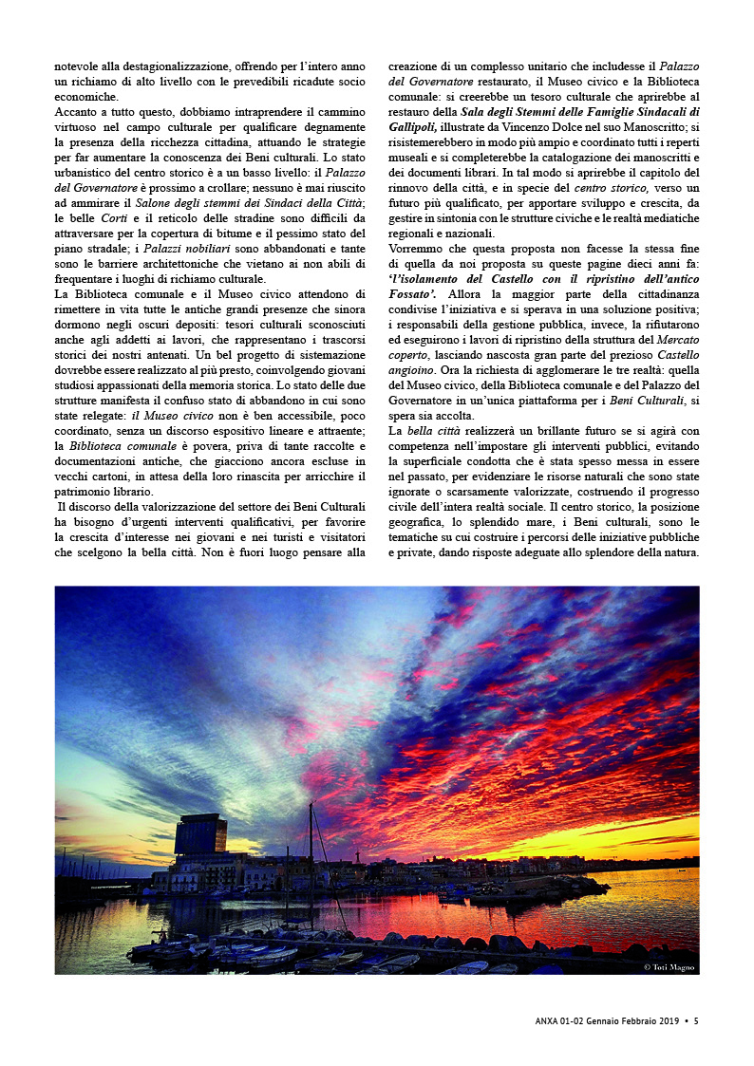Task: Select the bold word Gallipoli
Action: coord(413,126)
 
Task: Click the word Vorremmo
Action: coord(417,249)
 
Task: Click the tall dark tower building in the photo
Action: coord(200,835)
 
